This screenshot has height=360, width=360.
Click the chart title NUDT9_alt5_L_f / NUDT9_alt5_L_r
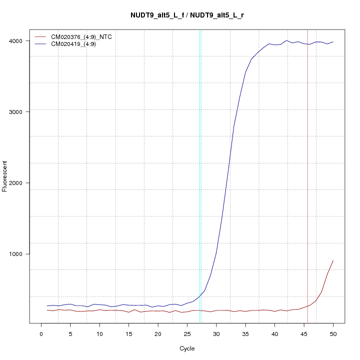187,15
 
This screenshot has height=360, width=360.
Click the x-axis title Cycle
187,348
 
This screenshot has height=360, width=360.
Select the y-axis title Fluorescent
6,176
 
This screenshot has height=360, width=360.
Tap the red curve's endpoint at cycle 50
333,260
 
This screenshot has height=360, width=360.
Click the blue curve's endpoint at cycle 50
333,42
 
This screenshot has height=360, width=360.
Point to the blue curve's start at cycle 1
47,305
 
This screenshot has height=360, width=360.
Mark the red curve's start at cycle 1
47,310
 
